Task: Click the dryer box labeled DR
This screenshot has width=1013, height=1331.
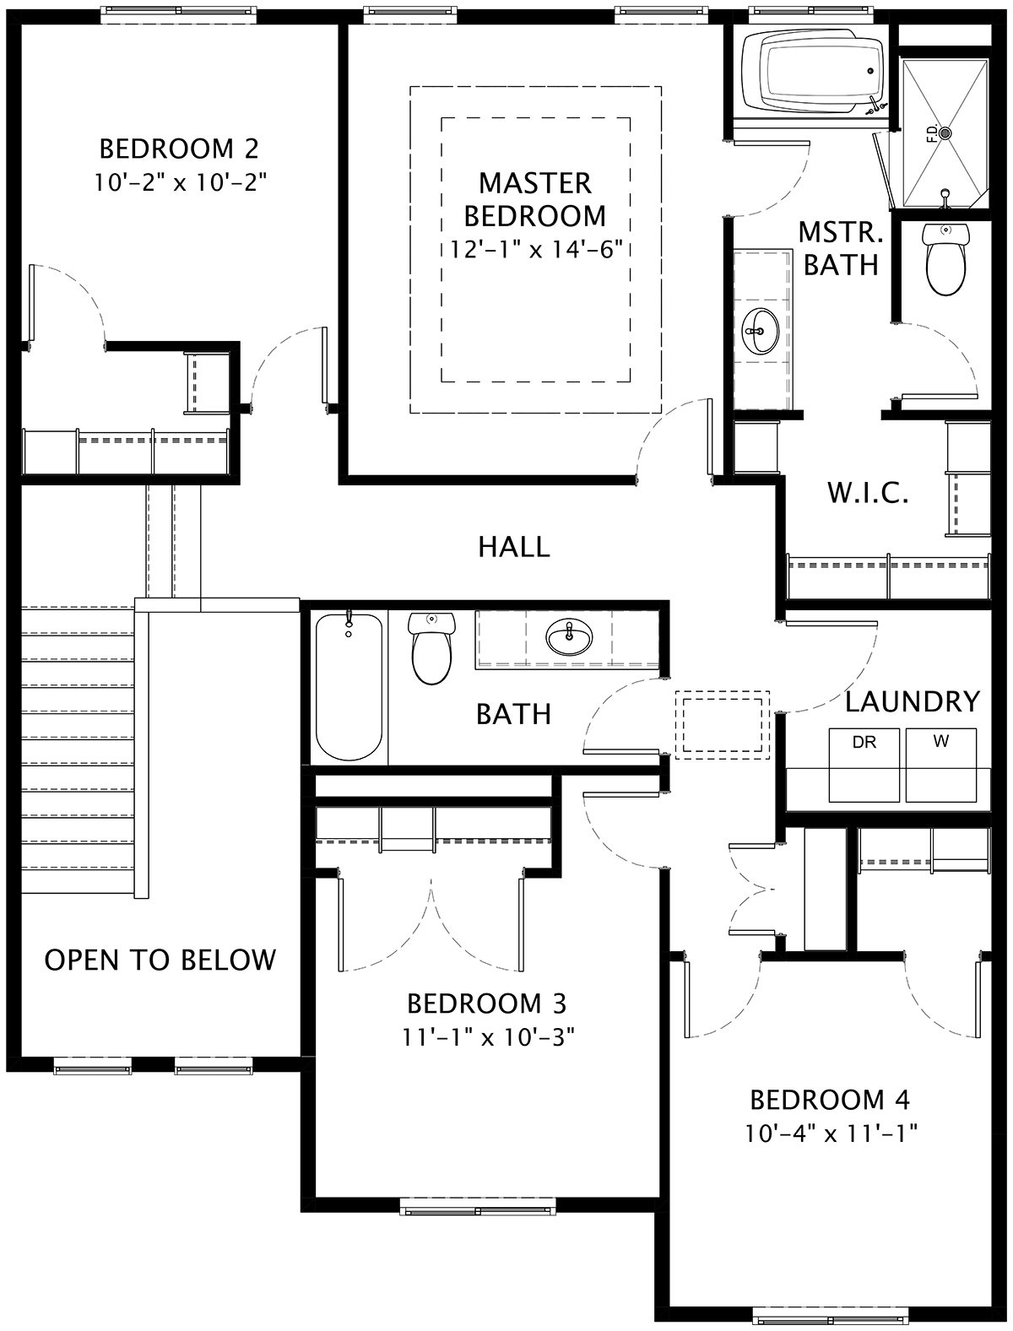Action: (864, 765)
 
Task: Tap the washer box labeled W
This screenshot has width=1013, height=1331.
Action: (941, 765)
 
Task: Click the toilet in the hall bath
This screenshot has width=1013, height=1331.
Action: (431, 648)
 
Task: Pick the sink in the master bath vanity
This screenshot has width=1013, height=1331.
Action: (761, 331)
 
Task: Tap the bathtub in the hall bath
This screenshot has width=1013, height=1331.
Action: (349, 686)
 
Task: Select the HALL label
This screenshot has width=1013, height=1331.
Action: (514, 547)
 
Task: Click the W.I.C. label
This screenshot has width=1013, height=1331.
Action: (868, 494)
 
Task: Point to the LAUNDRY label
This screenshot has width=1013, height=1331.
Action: (913, 701)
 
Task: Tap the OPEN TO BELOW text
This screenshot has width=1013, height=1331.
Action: (160, 960)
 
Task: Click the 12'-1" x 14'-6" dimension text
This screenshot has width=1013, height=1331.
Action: (537, 249)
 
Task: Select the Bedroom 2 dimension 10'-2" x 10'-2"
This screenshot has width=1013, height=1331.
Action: (181, 181)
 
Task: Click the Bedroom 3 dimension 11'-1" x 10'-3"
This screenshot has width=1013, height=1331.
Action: (488, 1037)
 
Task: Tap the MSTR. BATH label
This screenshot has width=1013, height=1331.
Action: (841, 249)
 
